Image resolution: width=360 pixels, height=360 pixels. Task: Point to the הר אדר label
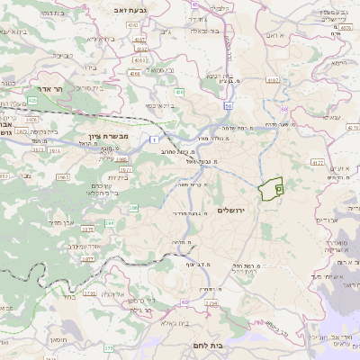point(42,90)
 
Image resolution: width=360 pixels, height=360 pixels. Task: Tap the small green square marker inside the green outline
point(278,190)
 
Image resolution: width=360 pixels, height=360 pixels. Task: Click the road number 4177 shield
point(316,162)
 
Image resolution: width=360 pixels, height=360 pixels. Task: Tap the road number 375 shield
point(108,347)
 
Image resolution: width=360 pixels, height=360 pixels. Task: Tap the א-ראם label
point(274,34)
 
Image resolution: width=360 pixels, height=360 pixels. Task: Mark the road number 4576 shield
point(347,28)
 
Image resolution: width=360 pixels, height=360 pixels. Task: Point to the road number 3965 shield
point(62,178)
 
